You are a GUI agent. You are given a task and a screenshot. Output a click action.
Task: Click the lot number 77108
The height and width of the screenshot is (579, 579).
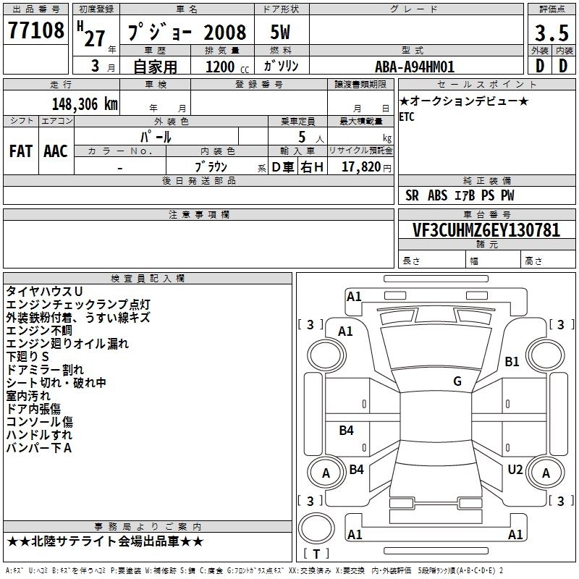(35, 30)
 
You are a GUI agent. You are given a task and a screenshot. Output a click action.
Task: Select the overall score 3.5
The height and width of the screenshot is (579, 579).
(551, 33)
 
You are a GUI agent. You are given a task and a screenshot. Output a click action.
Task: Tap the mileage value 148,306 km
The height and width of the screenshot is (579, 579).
(85, 104)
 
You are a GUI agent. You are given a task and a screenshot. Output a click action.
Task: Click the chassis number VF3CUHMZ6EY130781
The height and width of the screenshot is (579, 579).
(486, 230)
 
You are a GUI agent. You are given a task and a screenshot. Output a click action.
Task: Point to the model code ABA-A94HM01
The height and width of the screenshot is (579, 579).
(414, 67)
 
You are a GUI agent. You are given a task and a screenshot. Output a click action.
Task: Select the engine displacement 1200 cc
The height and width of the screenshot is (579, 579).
(227, 67)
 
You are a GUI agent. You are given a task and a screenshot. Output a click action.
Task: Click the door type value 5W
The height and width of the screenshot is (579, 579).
(280, 33)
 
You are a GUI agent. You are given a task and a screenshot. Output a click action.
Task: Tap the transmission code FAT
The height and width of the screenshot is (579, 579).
(21, 151)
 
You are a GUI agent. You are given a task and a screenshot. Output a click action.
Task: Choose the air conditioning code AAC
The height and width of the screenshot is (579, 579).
(56, 151)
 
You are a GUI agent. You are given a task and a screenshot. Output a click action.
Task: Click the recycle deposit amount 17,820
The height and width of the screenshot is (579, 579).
(361, 167)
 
